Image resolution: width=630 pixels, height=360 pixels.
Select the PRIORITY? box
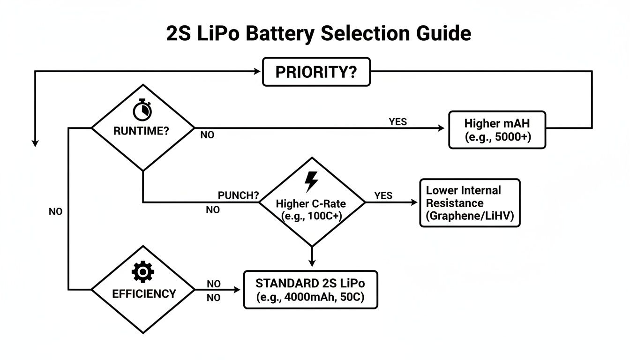[x=316, y=72]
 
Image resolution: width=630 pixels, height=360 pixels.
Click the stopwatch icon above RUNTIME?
[x=142, y=110]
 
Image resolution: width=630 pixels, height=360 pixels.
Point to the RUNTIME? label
[x=141, y=131]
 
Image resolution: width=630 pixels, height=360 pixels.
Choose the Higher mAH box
[x=497, y=130]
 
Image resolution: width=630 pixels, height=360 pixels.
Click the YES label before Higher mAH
[x=397, y=122]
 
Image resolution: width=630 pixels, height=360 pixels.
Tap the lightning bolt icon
[x=311, y=182]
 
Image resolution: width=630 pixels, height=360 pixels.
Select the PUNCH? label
[x=239, y=195]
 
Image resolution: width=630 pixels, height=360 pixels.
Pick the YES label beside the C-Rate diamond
[x=383, y=195]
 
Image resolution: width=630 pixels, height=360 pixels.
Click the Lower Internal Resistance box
[x=470, y=203]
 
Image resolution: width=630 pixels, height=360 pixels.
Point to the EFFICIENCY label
[x=144, y=294]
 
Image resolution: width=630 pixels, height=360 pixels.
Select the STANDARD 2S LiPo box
[x=310, y=289]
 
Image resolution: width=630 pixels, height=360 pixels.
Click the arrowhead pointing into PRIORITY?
[x=257, y=71]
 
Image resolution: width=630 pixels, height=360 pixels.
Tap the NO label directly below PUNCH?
[x=213, y=210]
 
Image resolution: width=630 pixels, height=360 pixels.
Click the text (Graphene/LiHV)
[x=470, y=217]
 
